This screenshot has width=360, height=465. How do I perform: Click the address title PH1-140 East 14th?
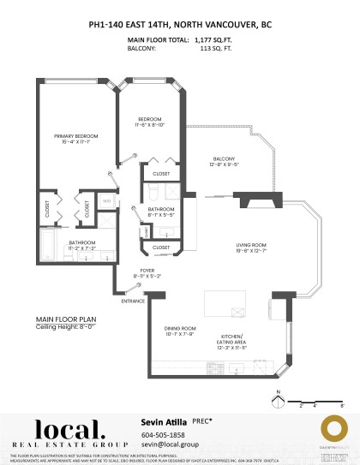(180, 26)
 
